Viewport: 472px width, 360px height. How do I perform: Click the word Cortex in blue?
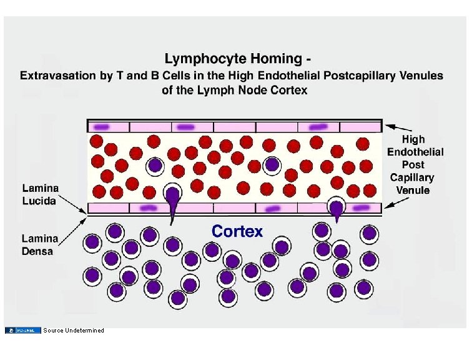point(237,231)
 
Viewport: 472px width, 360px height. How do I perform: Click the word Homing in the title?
point(269,60)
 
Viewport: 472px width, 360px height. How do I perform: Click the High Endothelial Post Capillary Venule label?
point(415,164)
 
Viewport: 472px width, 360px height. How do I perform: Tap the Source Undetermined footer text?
point(74,330)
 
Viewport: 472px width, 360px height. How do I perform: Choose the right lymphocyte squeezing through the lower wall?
point(337,207)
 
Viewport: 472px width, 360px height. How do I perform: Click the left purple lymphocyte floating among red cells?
point(155,166)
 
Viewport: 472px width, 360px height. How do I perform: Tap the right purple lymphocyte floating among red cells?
point(272,165)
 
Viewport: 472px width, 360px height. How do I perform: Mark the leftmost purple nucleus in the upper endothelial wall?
point(102,127)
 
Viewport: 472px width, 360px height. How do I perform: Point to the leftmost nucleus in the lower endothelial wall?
point(147,207)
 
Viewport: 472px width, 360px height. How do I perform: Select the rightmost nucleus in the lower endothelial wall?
point(361,207)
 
